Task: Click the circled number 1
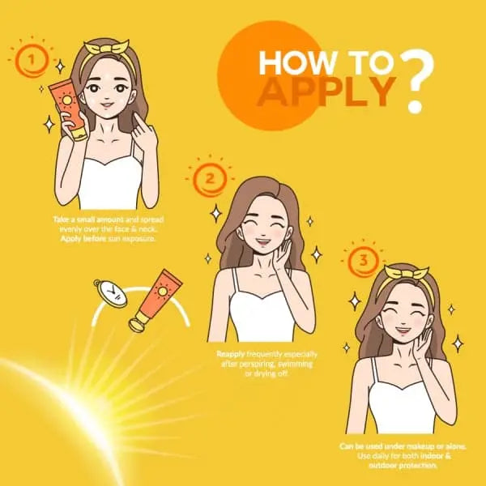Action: tap(32, 58)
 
